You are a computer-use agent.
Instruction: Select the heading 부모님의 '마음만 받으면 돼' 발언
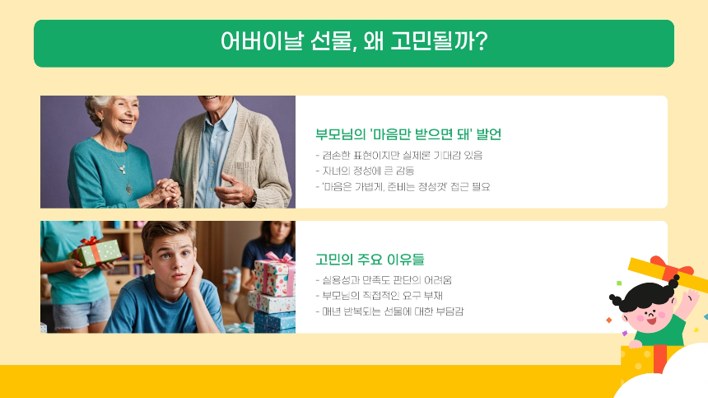(x=408, y=134)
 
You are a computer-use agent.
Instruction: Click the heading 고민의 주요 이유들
(x=370, y=259)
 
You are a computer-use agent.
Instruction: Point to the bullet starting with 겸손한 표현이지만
(x=398, y=155)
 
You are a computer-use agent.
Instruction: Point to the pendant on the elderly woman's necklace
(x=123, y=168)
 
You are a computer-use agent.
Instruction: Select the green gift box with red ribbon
(x=95, y=251)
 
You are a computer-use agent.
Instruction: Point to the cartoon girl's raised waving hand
(x=690, y=295)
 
